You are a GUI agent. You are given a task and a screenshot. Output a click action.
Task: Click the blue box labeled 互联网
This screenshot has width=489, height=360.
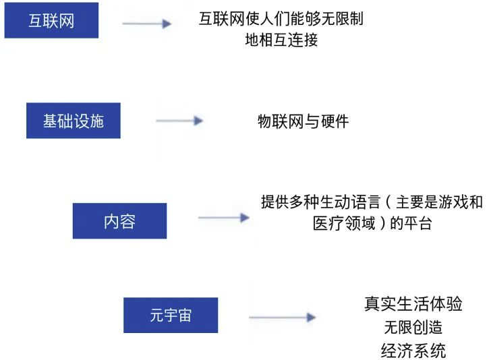point(51,20)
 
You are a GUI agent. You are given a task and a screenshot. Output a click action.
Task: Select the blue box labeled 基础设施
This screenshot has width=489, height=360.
point(73,121)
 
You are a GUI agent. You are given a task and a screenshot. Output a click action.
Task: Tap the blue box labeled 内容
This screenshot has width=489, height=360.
point(119,220)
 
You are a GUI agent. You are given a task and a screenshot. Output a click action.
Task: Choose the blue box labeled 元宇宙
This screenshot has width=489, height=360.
point(171,315)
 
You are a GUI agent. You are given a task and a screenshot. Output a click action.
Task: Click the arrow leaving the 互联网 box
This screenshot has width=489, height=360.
point(146,24)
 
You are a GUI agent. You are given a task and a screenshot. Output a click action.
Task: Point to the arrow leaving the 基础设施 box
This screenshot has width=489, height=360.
point(179,121)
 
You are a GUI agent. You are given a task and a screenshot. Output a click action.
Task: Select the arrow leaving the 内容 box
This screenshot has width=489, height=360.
point(223,218)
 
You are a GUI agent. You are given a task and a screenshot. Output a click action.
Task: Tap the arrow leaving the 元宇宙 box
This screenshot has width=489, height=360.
point(282,317)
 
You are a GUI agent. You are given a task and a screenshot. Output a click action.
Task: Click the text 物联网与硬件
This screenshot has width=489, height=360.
point(303,121)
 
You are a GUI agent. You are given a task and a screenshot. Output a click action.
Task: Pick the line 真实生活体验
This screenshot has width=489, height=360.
point(413,303)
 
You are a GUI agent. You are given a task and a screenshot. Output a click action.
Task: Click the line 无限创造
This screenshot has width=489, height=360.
point(413,327)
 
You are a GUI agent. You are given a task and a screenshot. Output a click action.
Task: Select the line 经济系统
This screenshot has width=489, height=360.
point(413,351)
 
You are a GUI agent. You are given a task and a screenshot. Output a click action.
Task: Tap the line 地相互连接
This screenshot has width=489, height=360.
point(281,40)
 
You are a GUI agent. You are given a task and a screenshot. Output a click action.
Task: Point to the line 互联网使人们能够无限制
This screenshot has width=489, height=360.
point(281,19)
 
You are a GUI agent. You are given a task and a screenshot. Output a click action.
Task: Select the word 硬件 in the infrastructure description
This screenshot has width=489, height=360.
point(335,121)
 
